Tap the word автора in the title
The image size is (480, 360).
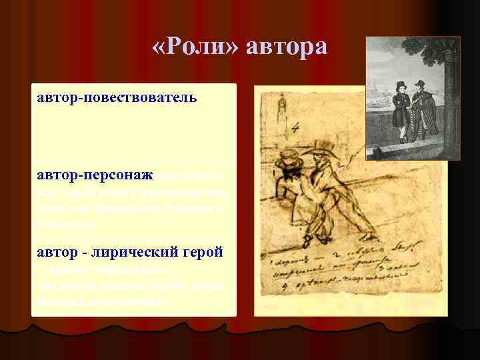click(287, 48)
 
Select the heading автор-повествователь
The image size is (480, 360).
click(117, 98)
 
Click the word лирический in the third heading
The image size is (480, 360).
click(150, 254)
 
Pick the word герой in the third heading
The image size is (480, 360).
click(203, 254)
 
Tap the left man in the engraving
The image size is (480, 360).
click(401, 113)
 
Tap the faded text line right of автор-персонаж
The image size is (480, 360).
click(193, 176)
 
